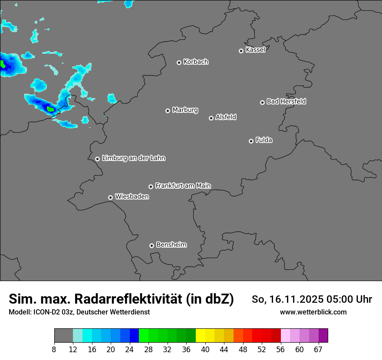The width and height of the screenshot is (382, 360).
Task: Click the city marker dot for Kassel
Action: [x=241, y=51]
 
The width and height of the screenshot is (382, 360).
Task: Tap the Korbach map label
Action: [x=196, y=62]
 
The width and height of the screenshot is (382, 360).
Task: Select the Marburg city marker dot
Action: [x=168, y=111]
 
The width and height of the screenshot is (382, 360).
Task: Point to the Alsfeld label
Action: [x=226, y=118]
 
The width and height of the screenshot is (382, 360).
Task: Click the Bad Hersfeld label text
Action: [x=286, y=101]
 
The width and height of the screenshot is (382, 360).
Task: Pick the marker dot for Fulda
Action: [x=251, y=141]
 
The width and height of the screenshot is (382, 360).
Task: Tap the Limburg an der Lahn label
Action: [x=133, y=158]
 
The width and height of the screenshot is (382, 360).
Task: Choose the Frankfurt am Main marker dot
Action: [x=151, y=187]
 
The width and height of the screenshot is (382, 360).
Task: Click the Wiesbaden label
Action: [x=132, y=197]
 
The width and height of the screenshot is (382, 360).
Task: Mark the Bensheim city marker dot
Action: [x=151, y=245]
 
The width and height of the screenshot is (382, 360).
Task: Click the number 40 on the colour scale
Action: [x=205, y=350]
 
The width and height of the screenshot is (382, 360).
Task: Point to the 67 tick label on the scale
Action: [x=318, y=350]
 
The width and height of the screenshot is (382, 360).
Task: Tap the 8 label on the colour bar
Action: [x=54, y=350]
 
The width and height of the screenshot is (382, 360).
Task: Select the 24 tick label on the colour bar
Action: [x=130, y=350]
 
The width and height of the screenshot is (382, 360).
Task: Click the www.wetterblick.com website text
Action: [x=313, y=312]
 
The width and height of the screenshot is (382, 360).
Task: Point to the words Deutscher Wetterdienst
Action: [x=115, y=312]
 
